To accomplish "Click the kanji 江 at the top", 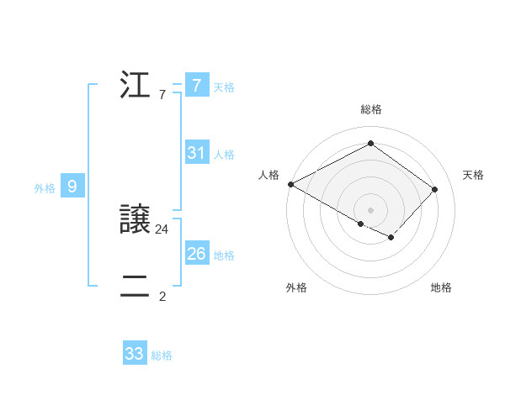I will (x=136, y=85).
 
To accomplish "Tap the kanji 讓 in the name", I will (x=136, y=220).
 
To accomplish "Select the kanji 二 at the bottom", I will (x=136, y=286).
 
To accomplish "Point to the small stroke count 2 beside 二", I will (x=162, y=296).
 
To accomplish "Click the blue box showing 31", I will (x=197, y=153).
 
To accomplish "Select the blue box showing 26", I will (x=197, y=254).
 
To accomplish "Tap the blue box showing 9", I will (x=72, y=187).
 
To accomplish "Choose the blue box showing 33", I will (x=135, y=354).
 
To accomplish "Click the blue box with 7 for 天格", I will (x=197, y=85).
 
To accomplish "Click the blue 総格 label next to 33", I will (x=162, y=355).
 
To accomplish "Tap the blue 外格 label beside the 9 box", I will (x=45, y=188).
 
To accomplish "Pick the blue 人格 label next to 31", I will (x=224, y=155).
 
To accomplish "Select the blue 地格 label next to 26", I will (x=224, y=255).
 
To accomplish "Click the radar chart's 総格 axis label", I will (x=371, y=109).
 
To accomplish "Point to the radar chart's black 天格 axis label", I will (x=473, y=175).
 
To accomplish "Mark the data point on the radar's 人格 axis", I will (x=290, y=183).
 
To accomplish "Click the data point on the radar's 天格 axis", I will (x=434, y=189).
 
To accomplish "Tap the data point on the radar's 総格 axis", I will (x=370, y=144).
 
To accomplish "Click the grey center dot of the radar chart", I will (x=370, y=209).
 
